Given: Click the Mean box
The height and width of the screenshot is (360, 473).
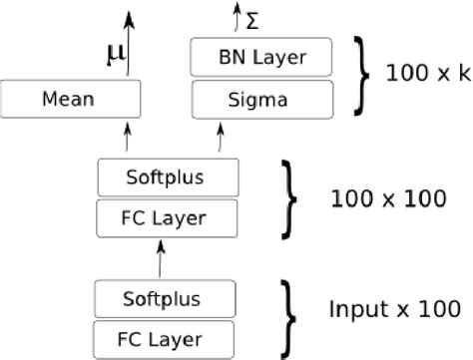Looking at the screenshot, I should [x=70, y=99].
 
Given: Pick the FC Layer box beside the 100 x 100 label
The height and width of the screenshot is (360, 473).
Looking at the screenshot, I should [x=168, y=215].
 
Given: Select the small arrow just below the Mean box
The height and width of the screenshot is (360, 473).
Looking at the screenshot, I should [x=128, y=138].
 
